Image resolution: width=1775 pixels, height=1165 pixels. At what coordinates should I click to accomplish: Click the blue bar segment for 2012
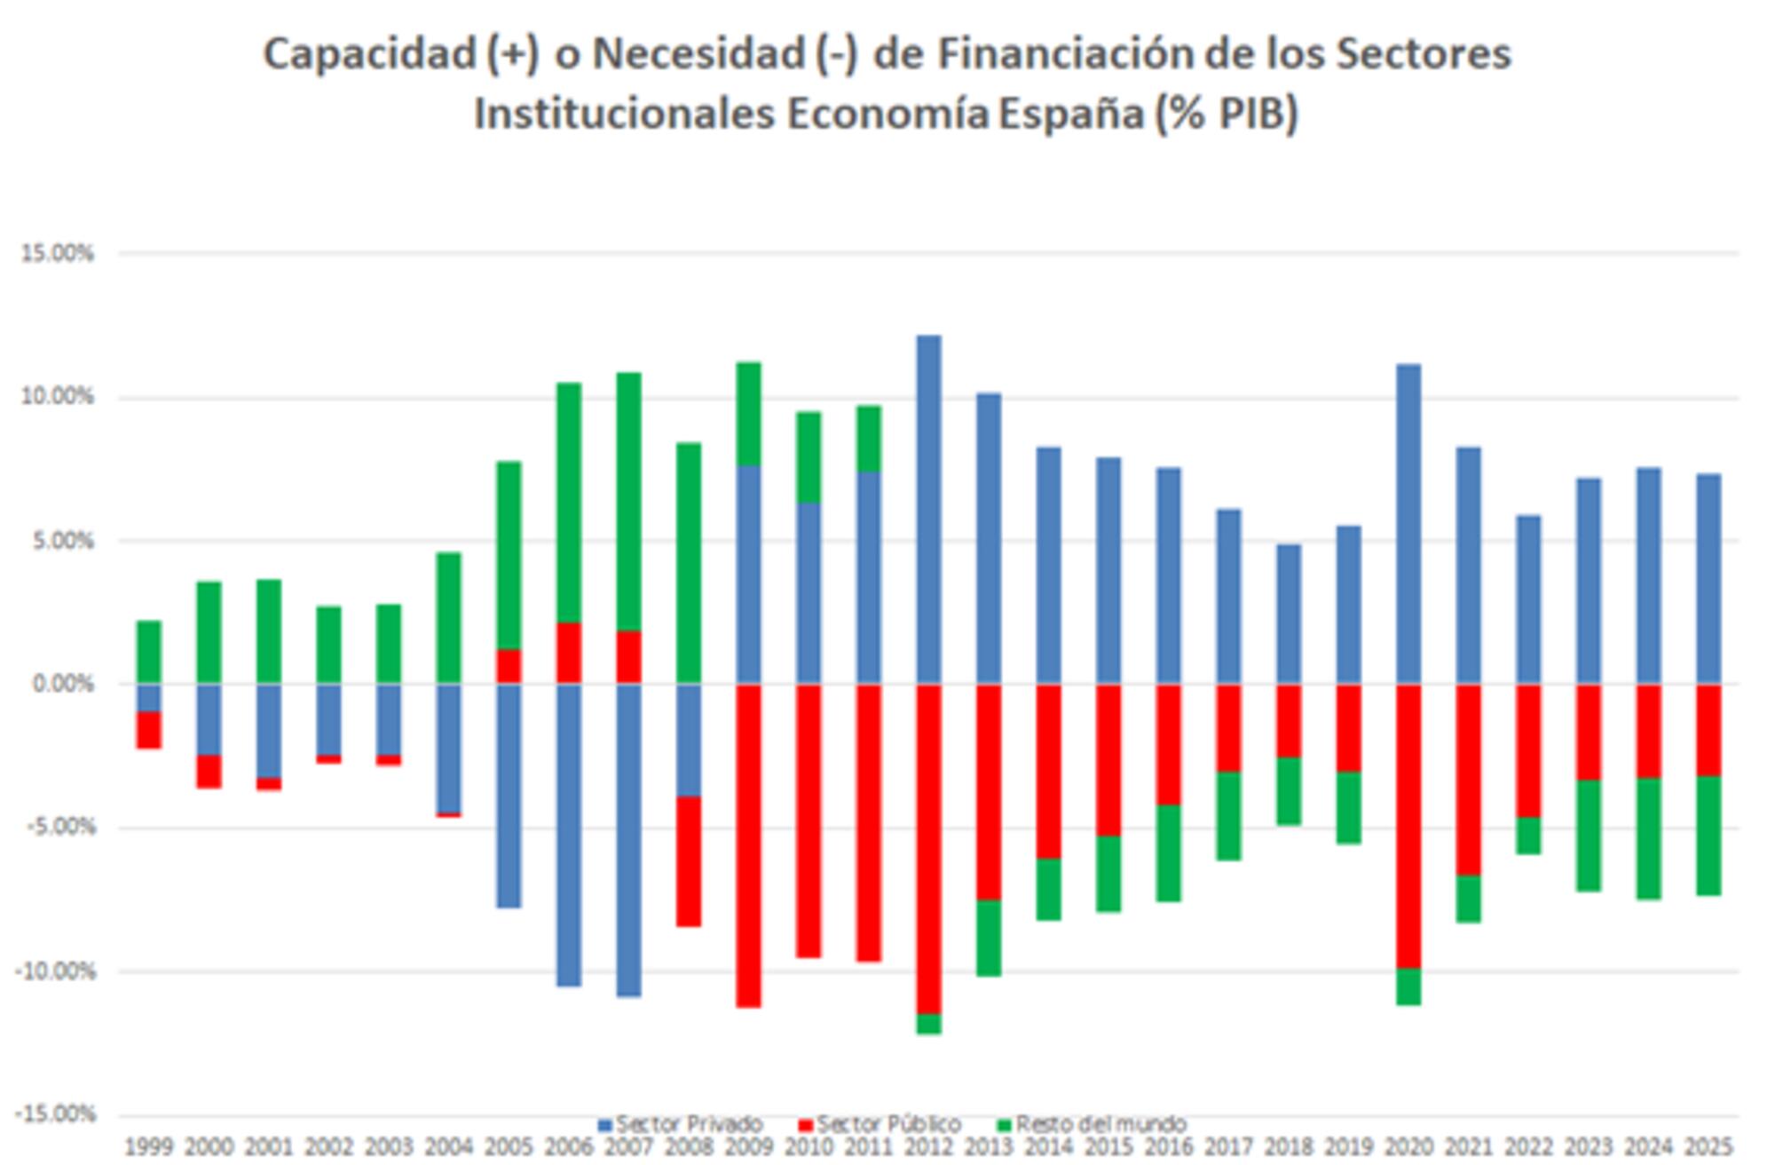point(928,510)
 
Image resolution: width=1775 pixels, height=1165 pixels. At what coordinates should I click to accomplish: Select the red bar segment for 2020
point(1408,826)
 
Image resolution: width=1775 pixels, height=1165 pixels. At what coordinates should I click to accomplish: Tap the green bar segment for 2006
point(568,503)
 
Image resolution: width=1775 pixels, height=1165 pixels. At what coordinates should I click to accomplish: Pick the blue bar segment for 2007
point(628,839)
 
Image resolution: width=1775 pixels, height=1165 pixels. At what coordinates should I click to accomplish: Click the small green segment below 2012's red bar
point(928,1023)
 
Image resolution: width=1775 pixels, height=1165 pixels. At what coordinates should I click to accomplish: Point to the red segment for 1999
point(148,730)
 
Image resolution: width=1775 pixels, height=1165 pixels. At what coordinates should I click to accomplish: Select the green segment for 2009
point(748,414)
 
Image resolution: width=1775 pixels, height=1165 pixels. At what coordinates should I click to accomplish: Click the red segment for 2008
point(689,861)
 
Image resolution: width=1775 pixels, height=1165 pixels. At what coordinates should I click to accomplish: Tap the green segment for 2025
point(1708,835)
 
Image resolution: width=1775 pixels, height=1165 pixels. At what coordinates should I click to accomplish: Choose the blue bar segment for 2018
point(1289,614)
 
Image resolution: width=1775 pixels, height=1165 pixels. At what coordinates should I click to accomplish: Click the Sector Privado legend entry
point(681,1124)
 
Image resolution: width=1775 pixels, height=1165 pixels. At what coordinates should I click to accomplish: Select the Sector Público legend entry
point(880,1124)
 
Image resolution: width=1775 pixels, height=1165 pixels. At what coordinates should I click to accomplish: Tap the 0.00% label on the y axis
point(62,684)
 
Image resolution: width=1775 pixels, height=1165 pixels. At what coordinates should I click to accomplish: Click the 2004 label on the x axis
point(448,1147)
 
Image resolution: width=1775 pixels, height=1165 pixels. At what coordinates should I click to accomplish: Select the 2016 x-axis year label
point(1169,1147)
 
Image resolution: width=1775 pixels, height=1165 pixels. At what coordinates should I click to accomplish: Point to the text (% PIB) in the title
point(1227,114)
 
